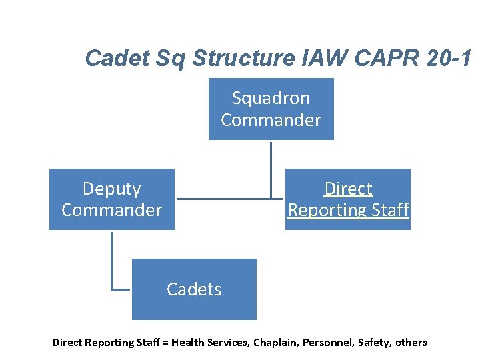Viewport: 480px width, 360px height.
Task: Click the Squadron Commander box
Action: [x=271, y=109]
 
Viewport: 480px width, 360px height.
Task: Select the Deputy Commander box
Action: [x=111, y=199]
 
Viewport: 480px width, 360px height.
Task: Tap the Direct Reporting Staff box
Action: [x=348, y=199]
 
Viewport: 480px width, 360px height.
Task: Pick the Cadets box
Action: [x=194, y=289]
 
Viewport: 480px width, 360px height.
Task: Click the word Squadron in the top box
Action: [x=271, y=98]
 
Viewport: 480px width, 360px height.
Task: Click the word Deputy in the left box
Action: [x=111, y=189]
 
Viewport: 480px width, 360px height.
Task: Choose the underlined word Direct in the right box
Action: [x=348, y=189]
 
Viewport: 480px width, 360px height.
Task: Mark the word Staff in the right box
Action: [x=391, y=210]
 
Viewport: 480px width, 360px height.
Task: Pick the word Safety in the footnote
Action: [x=373, y=343]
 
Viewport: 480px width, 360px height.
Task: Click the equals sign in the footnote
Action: [x=165, y=343]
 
